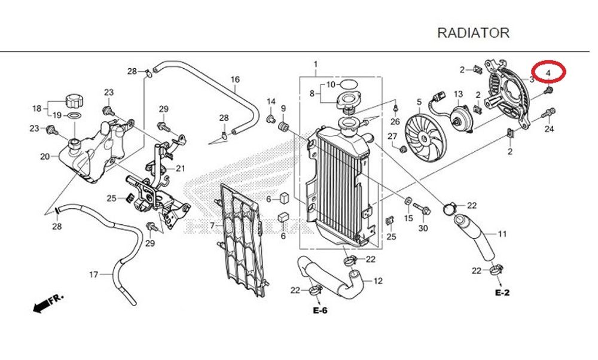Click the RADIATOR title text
(473, 33)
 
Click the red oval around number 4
(548, 72)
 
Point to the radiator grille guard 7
(239, 239)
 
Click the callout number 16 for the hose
(235, 80)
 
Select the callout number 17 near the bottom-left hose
(93, 275)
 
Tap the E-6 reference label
(320, 310)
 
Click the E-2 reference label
(502, 293)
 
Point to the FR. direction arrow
(48, 303)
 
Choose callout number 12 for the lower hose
(378, 281)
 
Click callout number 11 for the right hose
(502, 234)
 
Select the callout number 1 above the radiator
(316, 65)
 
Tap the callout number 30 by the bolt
(423, 229)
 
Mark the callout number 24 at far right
(549, 129)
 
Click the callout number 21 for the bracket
(181, 168)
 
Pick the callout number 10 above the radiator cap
(331, 85)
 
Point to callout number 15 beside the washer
(408, 219)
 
